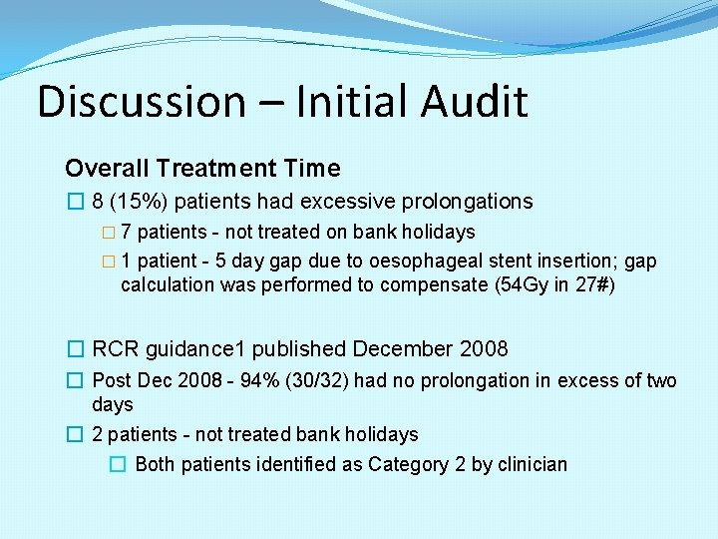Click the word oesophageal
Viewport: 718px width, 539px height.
coord(442,262)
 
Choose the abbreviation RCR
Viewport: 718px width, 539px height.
coord(115,349)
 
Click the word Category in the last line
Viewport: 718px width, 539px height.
coord(404,464)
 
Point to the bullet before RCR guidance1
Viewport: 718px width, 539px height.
coord(75,349)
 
